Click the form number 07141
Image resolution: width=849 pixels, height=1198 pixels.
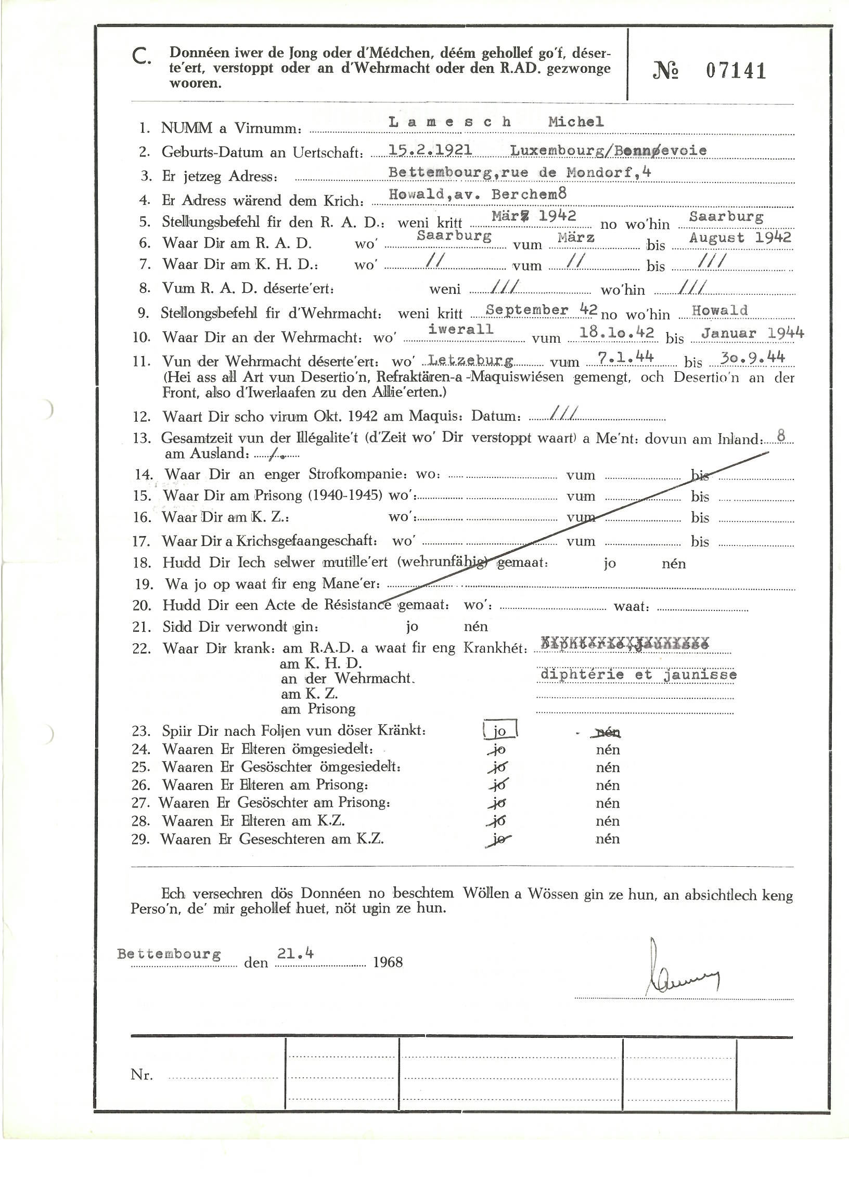(736, 71)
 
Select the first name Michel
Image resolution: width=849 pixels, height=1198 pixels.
(576, 122)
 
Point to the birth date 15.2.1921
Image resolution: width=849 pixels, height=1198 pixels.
(430, 150)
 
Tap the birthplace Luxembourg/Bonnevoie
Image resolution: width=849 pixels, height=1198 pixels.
(609, 150)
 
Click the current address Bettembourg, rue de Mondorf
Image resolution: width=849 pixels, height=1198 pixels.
(520, 173)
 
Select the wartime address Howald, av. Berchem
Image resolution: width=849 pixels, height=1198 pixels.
(477, 194)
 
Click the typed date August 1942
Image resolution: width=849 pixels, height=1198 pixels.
(740, 238)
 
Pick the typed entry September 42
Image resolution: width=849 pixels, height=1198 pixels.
(541, 309)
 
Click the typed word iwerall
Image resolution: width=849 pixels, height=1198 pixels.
(460, 330)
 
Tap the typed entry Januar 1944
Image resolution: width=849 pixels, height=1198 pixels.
(752, 333)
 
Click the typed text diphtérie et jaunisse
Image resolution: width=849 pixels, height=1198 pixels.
(638, 674)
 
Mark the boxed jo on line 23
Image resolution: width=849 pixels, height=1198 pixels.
(500, 731)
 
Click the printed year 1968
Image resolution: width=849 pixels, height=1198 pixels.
(388, 962)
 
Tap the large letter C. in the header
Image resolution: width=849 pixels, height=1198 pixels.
(141, 57)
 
